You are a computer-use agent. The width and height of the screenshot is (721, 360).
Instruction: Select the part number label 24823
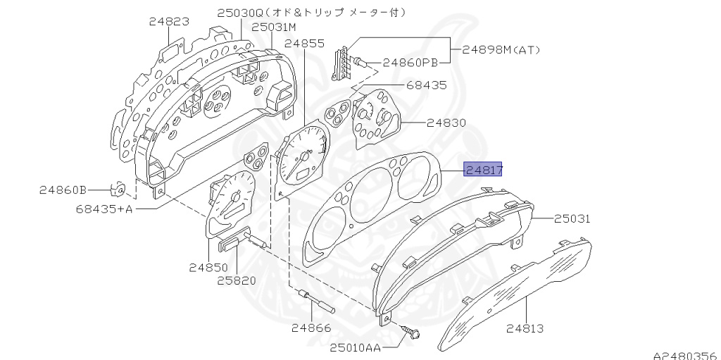click(x=169, y=22)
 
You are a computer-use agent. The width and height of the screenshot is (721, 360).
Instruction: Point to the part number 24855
click(x=304, y=44)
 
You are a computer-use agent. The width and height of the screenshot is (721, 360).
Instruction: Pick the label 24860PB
click(x=410, y=63)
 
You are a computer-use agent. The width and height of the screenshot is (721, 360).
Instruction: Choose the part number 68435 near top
click(x=426, y=85)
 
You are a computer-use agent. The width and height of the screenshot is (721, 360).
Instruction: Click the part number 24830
click(x=446, y=123)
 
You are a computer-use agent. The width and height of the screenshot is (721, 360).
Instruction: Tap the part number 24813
click(x=525, y=328)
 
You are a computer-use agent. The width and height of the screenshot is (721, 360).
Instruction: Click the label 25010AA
click(x=356, y=347)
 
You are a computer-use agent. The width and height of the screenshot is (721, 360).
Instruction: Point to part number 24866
click(x=311, y=328)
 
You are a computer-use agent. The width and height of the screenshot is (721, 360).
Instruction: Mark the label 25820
click(x=236, y=280)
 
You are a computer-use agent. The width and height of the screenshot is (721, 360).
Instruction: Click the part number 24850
click(x=208, y=268)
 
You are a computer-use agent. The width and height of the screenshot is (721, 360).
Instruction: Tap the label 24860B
click(x=63, y=190)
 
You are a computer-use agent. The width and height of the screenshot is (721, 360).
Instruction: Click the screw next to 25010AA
click(x=410, y=332)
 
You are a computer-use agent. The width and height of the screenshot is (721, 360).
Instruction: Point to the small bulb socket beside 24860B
click(x=120, y=189)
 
